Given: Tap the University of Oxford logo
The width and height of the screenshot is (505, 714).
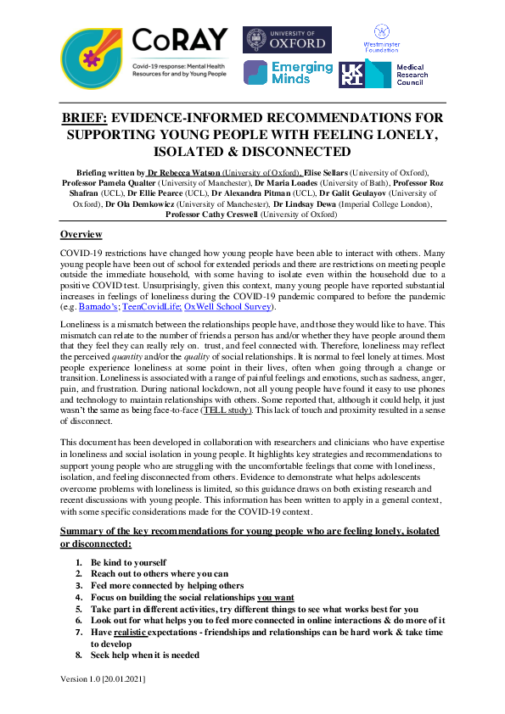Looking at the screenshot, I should click(287, 40).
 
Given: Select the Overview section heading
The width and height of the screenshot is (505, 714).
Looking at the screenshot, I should click(81, 234).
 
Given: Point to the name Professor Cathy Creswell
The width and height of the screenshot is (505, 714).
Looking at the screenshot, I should click(213, 215).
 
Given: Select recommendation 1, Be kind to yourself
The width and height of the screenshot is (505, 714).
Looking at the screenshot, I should click(128, 561).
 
